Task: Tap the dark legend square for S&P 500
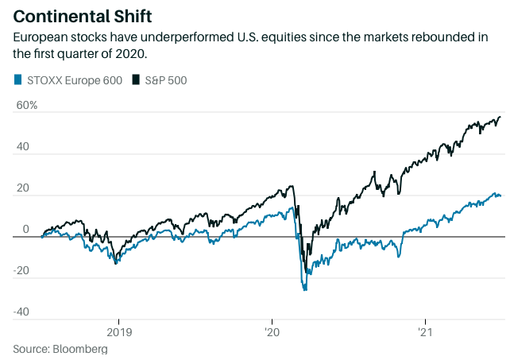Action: (136, 79)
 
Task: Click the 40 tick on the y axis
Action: (21, 147)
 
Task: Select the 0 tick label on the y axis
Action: (25, 230)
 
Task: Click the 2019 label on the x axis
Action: (118, 331)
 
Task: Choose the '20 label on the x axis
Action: (271, 331)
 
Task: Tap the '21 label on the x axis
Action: (425, 331)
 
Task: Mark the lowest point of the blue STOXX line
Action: (305, 290)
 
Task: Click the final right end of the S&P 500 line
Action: (500, 118)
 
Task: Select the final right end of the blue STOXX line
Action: (500, 195)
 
